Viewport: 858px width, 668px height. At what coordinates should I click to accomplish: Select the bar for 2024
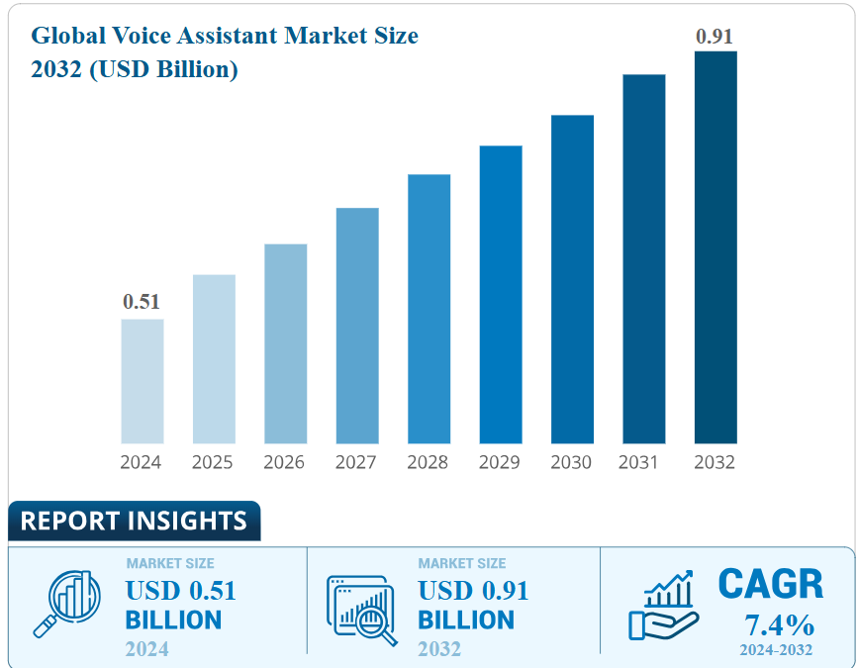(x=143, y=381)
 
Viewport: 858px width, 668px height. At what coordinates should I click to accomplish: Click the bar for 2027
(x=357, y=326)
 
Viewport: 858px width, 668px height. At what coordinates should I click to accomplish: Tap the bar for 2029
(x=501, y=294)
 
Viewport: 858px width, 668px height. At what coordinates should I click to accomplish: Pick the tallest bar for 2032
(x=715, y=247)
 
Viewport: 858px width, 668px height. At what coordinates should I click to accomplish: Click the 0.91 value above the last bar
(x=715, y=37)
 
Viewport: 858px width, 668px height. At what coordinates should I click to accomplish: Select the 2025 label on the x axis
(x=213, y=462)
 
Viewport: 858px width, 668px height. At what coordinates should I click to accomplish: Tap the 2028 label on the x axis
(x=428, y=462)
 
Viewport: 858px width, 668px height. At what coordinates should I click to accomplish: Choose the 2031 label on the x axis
(x=642, y=462)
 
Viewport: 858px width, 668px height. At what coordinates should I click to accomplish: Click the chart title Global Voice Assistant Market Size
(x=225, y=37)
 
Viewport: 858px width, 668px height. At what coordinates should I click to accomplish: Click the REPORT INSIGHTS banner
(x=134, y=521)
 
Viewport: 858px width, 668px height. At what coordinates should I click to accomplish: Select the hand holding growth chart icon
(x=663, y=605)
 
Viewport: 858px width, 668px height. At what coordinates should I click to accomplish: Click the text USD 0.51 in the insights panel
(x=181, y=591)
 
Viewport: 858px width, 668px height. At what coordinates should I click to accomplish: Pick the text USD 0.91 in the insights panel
(x=473, y=591)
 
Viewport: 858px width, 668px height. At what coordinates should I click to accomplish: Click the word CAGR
(x=770, y=584)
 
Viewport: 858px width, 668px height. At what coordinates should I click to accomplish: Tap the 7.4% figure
(x=779, y=625)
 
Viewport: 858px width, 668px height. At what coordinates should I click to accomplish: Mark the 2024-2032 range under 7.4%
(x=776, y=650)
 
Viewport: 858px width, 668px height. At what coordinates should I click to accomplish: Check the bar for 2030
(x=572, y=279)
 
